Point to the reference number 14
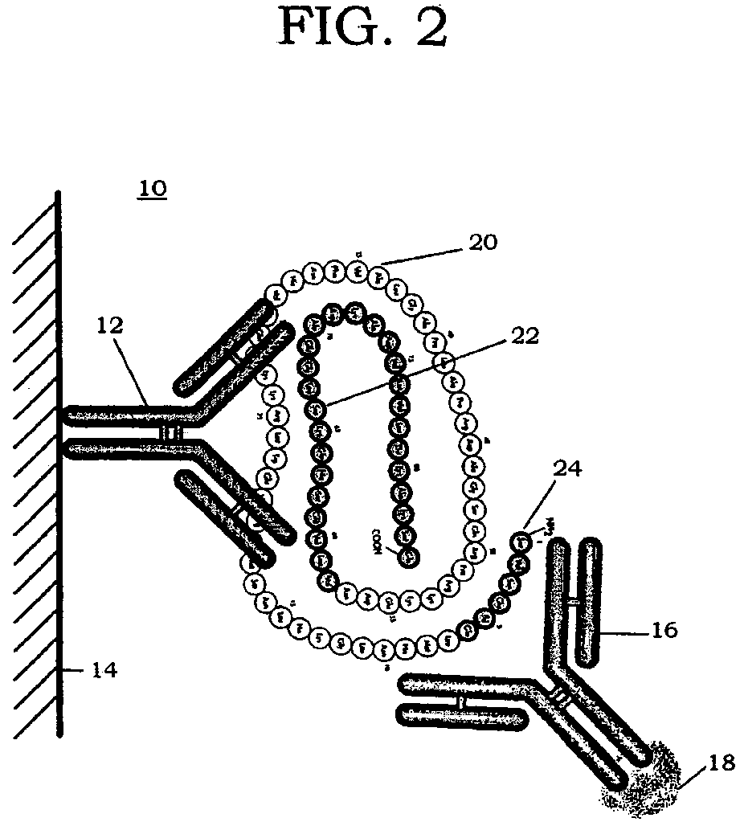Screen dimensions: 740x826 pyautogui.click(x=102, y=669)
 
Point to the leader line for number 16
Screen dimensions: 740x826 pyautogui.click(x=625, y=631)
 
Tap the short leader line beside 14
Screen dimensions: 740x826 pyautogui.click(x=74, y=668)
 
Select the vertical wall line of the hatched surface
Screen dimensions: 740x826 pyautogui.click(x=59, y=482)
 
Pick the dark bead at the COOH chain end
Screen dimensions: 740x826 pyautogui.click(x=409, y=554)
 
